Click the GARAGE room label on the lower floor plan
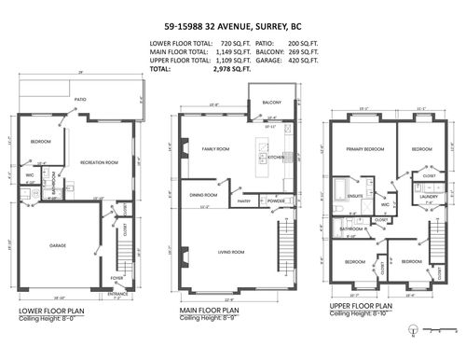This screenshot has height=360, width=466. pyautogui.click(x=57, y=246)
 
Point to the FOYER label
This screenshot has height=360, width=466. pyautogui.click(x=116, y=277)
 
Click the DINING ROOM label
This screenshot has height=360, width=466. pyautogui.click(x=203, y=195)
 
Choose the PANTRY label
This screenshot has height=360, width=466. pyautogui.click(x=244, y=201)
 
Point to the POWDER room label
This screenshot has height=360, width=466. pyautogui.click(x=277, y=201)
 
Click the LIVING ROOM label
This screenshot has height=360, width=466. pyautogui.click(x=231, y=252)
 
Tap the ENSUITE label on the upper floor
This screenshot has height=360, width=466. pyautogui.click(x=355, y=196)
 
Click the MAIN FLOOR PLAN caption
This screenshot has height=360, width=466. pyautogui.click(x=210, y=311)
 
